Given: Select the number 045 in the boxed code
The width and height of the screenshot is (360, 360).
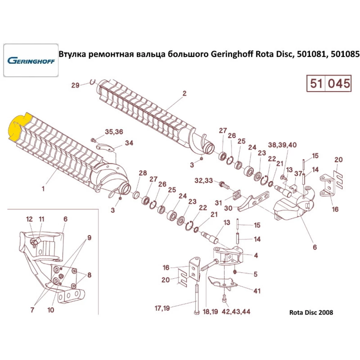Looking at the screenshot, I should (338, 84).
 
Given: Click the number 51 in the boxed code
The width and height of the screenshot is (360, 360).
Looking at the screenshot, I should (316, 84).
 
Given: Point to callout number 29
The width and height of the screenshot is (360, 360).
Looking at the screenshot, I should (75, 85).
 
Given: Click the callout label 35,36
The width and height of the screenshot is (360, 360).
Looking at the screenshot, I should (114, 132).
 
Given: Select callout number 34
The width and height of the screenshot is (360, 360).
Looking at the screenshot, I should (129, 143).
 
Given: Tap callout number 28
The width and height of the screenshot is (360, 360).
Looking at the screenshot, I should (143, 173).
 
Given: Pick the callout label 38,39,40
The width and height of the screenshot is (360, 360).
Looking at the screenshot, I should (282, 145).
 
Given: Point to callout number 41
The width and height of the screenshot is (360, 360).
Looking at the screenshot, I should (257, 291).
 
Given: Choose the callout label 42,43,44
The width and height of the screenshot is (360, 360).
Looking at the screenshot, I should (236, 311).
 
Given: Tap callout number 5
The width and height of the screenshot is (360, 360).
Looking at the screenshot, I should (255, 274).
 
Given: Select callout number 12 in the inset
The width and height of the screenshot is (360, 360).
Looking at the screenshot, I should (29, 219).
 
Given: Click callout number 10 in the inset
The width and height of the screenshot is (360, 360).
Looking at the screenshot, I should (51, 310).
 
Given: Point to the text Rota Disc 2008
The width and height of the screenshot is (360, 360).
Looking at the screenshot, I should (311, 312).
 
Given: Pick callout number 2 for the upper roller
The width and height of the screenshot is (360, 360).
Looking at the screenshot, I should (184, 94).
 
